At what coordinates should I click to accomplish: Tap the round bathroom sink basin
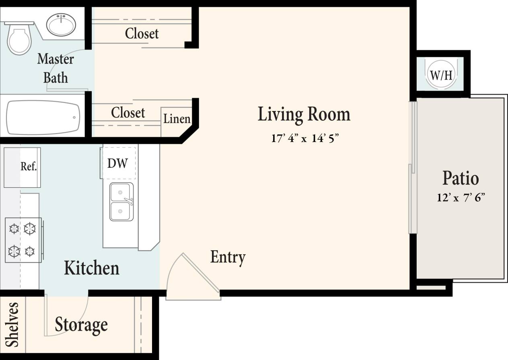tap(61, 25)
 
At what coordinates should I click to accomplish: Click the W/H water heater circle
tap(441, 74)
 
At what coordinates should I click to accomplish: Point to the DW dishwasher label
tap(117, 163)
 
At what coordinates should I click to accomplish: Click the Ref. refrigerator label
tap(29, 167)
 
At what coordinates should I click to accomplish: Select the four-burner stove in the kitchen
tap(23, 240)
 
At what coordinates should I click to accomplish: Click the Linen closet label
tap(177, 119)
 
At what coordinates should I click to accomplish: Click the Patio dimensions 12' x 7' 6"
tap(461, 198)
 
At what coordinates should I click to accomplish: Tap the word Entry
tap(228, 257)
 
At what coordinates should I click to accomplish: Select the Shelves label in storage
tap(12, 325)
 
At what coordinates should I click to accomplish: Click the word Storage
tap(81, 325)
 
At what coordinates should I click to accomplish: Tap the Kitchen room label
tap(92, 268)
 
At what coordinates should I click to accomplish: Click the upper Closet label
tap(142, 33)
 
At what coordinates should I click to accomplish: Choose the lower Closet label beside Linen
tap(128, 113)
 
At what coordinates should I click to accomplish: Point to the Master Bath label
tap(56, 68)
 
